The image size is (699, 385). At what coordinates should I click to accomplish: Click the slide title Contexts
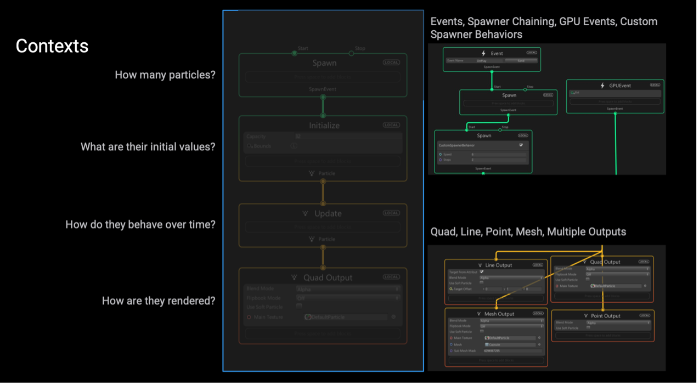(52, 46)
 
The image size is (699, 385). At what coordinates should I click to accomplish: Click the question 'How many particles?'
(165, 75)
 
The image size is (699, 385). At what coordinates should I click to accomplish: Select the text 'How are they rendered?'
(158, 301)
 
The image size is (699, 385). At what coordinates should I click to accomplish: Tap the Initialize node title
(324, 125)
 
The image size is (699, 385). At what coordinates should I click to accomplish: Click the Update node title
(328, 213)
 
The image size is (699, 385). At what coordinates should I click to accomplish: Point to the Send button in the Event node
(521, 61)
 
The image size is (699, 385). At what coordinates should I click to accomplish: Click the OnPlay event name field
(482, 61)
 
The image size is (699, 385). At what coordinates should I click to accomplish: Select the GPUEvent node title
(619, 86)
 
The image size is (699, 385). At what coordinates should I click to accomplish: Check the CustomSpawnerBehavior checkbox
(521, 145)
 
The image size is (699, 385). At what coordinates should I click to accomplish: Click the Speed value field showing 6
(498, 155)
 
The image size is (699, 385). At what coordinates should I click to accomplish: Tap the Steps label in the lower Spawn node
(447, 160)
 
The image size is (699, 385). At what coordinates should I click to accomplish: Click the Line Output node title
(498, 265)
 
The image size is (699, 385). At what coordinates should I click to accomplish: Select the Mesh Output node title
(499, 314)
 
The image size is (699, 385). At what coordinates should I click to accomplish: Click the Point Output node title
(605, 316)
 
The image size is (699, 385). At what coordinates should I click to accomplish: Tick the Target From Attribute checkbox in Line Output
(482, 272)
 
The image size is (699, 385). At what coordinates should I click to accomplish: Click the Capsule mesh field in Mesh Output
(510, 344)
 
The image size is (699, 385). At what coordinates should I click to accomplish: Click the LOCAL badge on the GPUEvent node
(655, 85)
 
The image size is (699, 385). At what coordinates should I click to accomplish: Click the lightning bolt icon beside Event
(483, 53)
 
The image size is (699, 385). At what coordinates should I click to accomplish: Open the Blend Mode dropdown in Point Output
(617, 322)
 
